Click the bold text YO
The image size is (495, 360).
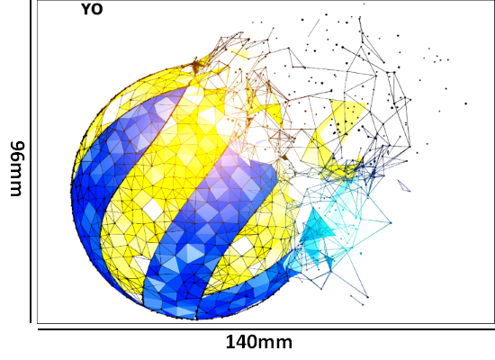pyautogui.click(x=92, y=9)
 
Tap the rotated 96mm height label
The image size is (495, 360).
pyautogui.click(x=17, y=168)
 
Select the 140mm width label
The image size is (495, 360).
pyautogui.click(x=259, y=342)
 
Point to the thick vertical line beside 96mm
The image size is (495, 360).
pyautogui.click(x=31, y=161)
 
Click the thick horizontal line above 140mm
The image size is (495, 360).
pyautogui.click(x=266, y=329)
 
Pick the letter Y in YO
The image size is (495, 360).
pyautogui.click(x=86, y=9)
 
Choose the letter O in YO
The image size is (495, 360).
pyautogui.click(x=97, y=9)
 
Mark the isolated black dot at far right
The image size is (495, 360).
pyautogui.click(x=465, y=103)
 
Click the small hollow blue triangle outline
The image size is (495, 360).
pyautogui.click(x=404, y=185)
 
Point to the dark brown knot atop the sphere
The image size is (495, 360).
pyautogui.click(x=196, y=66)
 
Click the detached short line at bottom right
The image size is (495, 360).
pyautogui.click(x=356, y=300)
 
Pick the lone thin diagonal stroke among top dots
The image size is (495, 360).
pyautogui.click(x=314, y=28)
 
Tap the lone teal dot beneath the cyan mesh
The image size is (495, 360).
pyautogui.click(x=361, y=253)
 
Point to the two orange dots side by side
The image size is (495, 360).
pyautogui.click(x=230, y=120)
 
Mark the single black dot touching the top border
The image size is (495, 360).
pyautogui.click(x=364, y=4)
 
